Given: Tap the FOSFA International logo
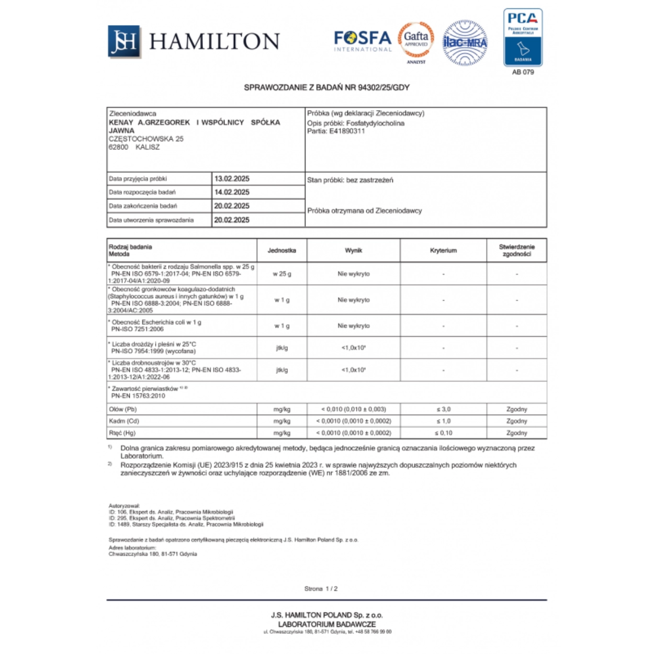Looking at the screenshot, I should (x=363, y=41).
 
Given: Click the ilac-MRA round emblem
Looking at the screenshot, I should (x=465, y=42).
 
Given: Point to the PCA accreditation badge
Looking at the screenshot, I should (x=523, y=38).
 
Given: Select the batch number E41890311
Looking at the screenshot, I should (x=347, y=131).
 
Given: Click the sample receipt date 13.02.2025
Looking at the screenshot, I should (x=232, y=178).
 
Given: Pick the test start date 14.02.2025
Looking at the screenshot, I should (x=232, y=192).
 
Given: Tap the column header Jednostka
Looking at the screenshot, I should (x=282, y=251).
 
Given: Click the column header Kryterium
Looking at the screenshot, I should (x=443, y=251).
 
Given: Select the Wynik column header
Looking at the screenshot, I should (x=354, y=251).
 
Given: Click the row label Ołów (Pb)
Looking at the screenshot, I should (x=123, y=409).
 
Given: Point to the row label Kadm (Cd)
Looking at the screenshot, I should (x=124, y=421).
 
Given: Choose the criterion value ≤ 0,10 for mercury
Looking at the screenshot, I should (x=443, y=433).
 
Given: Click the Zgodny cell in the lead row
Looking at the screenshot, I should (x=516, y=409).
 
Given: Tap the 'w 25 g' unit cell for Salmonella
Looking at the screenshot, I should (x=282, y=274).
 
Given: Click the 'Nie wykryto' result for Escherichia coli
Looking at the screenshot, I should (x=354, y=325).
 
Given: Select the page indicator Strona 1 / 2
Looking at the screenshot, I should (x=321, y=589).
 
